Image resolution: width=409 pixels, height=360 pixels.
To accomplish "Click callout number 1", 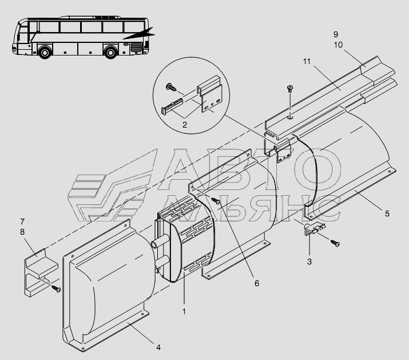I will coord(184,312).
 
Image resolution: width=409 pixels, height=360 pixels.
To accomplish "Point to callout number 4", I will coord(158,346).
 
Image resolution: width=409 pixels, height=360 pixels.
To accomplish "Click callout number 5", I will coord(387,213).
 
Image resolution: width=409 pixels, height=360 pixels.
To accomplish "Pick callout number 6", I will coord(257,283).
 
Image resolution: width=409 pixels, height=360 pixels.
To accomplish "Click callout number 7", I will coord(22,221).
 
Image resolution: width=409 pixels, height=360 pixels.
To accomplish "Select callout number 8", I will coord(22,232).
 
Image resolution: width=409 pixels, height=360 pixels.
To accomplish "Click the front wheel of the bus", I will coord(45,53).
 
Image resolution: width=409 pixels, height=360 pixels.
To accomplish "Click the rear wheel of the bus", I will coord(111,53).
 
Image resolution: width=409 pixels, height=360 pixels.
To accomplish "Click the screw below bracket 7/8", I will coord(57,289).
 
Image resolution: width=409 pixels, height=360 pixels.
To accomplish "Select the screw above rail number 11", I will coord(290,89).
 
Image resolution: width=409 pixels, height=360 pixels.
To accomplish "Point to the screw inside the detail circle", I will coord(170,87).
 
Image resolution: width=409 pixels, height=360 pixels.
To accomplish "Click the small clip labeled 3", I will coord(312,230).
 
